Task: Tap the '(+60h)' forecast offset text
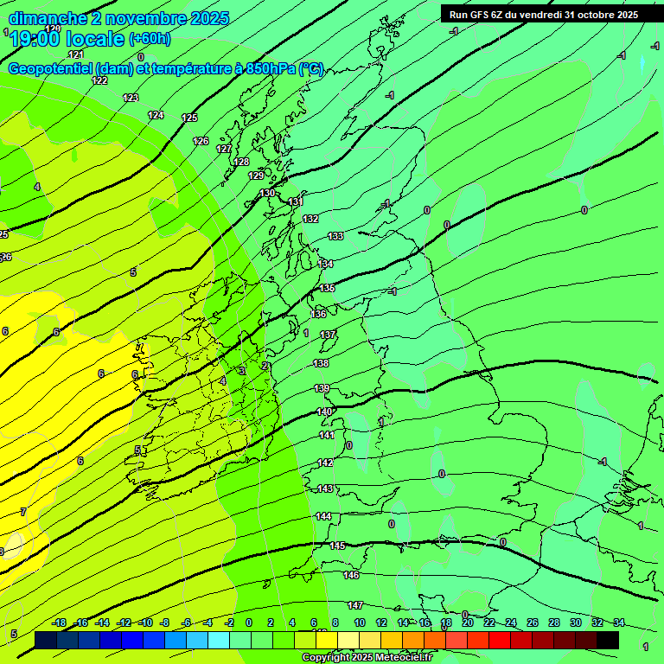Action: (x=150, y=39)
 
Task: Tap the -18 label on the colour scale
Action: (x=59, y=622)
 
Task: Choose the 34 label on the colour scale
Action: (x=619, y=622)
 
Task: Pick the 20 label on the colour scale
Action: (x=467, y=622)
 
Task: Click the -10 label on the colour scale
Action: (x=145, y=622)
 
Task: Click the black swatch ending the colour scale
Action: (x=608, y=640)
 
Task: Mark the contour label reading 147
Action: (x=355, y=605)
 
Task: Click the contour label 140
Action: (x=324, y=412)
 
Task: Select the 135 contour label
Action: (x=327, y=288)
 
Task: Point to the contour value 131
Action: (x=295, y=201)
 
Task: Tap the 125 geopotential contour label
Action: (x=189, y=118)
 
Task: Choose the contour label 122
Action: (x=99, y=80)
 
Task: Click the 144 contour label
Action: (x=323, y=516)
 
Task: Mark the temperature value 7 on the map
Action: (x=22, y=512)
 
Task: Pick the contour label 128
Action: (x=241, y=162)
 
